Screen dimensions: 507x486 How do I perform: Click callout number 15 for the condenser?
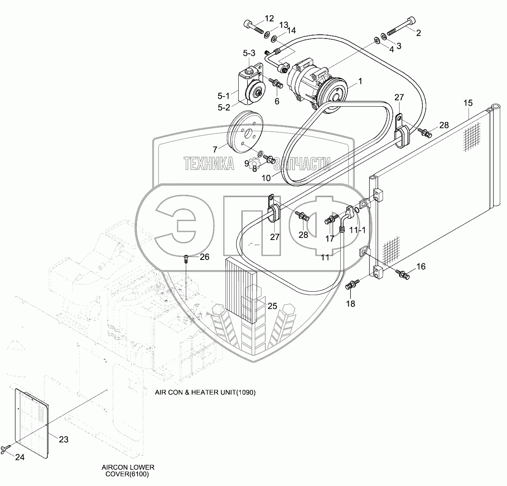468,103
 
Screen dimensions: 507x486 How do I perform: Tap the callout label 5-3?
249,53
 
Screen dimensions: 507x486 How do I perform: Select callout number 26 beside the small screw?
204,257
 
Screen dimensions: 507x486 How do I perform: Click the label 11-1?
358,230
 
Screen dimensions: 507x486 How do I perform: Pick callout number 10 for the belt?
266,178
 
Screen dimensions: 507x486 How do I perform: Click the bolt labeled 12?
254,27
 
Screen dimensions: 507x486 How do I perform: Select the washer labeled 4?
377,40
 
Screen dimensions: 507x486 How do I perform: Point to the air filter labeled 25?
241,290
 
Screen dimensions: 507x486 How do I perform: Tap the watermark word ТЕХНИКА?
209,163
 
